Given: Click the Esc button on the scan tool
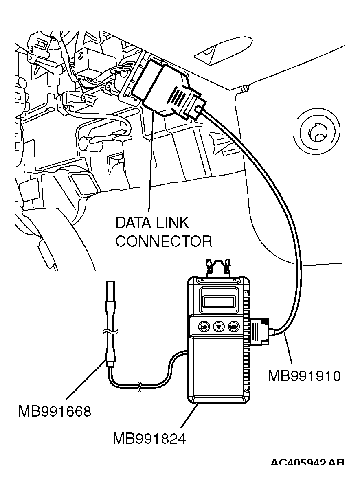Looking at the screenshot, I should click(203, 326).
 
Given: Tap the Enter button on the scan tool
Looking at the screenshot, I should click(233, 326).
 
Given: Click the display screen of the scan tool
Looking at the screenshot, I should click(219, 302).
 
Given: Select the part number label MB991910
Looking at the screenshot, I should click(304, 375).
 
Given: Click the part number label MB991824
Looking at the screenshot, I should click(149, 439).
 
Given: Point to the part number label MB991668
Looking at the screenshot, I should click(55, 411).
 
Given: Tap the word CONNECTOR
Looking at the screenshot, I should click(164, 241).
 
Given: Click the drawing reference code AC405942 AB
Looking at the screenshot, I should click(307, 463).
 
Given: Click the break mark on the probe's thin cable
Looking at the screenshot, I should click(140, 386).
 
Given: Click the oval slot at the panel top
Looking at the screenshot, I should click(212, 53).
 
